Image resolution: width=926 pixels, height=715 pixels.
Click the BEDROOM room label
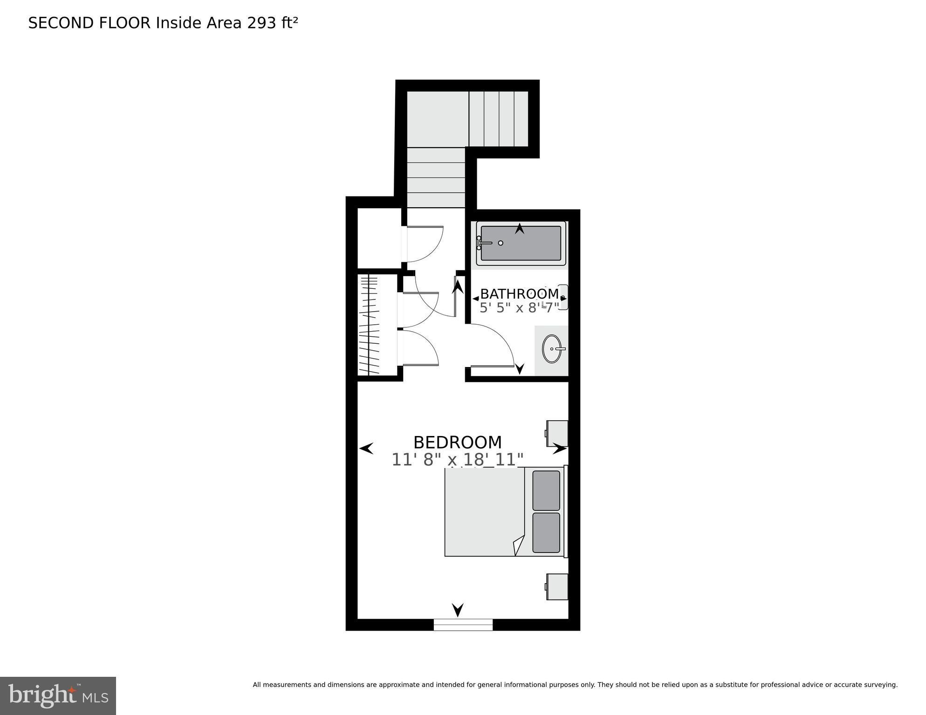click(x=457, y=442)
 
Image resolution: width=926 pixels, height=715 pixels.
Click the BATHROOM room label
click(x=519, y=294)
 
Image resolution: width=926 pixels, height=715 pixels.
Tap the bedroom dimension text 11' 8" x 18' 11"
click(x=457, y=460)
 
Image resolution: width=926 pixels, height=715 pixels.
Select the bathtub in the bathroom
click(x=521, y=243)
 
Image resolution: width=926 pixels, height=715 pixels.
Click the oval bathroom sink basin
click(x=551, y=348)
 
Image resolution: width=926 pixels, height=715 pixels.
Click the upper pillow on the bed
click(x=546, y=490)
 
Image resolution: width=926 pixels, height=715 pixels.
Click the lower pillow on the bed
click(x=546, y=532)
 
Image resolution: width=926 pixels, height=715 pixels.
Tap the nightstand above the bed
click(x=557, y=433)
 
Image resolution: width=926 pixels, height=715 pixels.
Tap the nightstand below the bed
click(x=557, y=586)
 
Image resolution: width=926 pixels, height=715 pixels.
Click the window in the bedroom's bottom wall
click(x=463, y=624)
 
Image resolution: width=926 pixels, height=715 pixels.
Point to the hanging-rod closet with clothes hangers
click(x=370, y=325)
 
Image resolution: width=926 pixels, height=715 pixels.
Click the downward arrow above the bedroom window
click(x=458, y=609)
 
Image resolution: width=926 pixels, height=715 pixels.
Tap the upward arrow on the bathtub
click(x=519, y=228)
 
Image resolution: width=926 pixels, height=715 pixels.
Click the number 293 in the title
click(x=262, y=23)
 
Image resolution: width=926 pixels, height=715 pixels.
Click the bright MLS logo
click(x=58, y=695)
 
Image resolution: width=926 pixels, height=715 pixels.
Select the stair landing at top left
click(x=437, y=119)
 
